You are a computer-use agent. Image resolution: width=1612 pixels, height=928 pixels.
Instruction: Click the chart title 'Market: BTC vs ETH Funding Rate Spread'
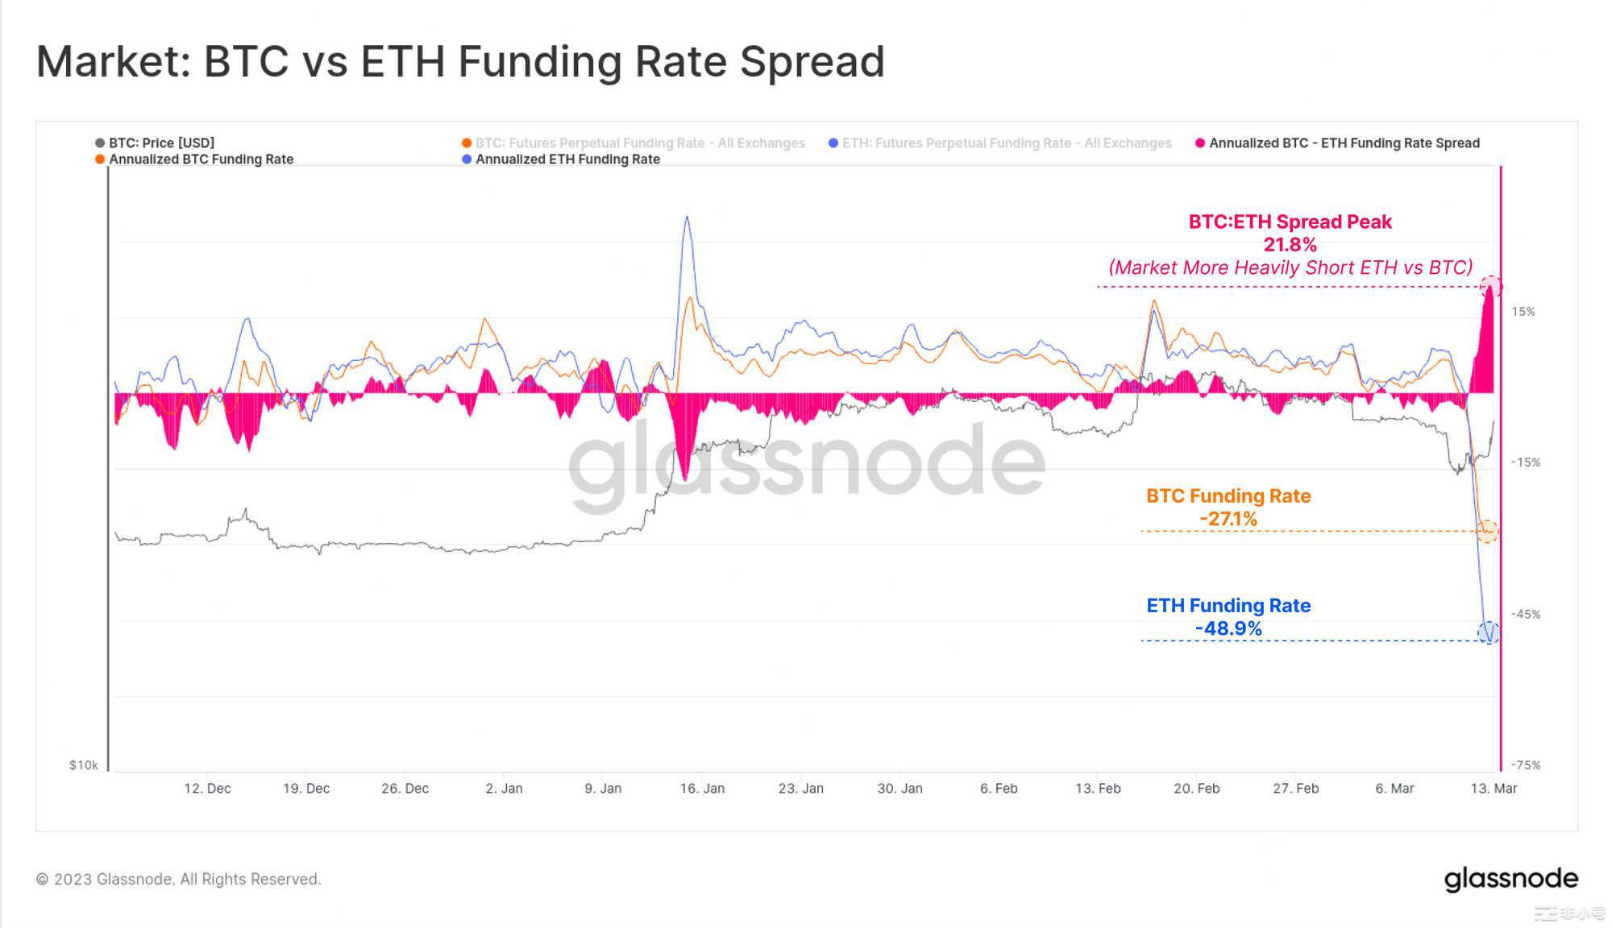pyautogui.click(x=460, y=62)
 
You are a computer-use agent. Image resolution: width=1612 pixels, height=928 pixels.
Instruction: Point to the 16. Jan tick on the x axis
pyautogui.click(x=701, y=788)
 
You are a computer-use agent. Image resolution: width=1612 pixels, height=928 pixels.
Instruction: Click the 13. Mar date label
pyautogui.click(x=1493, y=788)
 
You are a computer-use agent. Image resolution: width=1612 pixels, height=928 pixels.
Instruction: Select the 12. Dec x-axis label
pyautogui.click(x=207, y=788)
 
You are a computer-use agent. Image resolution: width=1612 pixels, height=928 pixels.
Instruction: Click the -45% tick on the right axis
pyautogui.click(x=1525, y=614)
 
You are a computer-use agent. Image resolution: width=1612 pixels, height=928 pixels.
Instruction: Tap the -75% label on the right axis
pyautogui.click(x=1525, y=765)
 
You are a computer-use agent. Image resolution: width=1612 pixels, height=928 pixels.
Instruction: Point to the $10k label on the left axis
pyautogui.click(x=83, y=765)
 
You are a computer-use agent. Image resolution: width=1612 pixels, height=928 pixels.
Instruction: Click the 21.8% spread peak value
pyautogui.click(x=1290, y=245)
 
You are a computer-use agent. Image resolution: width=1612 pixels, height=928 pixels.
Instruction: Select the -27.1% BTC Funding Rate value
pyautogui.click(x=1228, y=520)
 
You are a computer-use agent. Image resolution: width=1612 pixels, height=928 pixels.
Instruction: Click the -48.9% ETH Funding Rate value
pyautogui.click(x=1228, y=629)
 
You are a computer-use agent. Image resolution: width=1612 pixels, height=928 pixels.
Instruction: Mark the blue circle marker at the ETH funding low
pyautogui.click(x=1489, y=633)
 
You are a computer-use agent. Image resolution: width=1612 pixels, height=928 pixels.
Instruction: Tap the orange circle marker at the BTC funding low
pyautogui.click(x=1487, y=531)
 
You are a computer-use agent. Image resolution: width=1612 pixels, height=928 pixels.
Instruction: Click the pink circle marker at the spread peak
pyautogui.click(x=1490, y=286)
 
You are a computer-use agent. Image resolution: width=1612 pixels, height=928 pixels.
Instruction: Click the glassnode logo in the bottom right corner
pyautogui.click(x=1510, y=879)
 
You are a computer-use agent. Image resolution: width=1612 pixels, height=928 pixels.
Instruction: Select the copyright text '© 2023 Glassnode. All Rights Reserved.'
pyautogui.click(x=178, y=879)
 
